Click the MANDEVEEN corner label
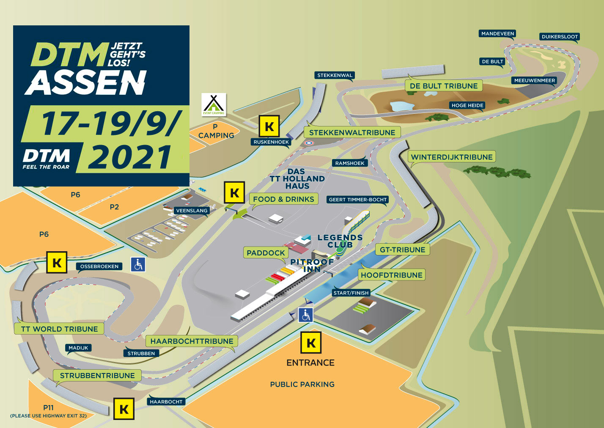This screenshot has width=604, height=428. (497, 34)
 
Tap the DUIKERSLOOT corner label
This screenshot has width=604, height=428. (559, 37)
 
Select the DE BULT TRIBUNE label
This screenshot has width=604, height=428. (444, 86)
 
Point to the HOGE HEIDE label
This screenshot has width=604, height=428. (467, 105)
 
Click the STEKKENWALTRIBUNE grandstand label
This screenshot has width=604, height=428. (352, 132)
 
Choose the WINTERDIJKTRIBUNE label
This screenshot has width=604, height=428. (452, 157)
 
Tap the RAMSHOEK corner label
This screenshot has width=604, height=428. (349, 163)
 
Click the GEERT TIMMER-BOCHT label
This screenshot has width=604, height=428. (358, 200)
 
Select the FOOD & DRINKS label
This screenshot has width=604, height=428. (283, 199)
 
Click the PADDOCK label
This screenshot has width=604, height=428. (266, 253)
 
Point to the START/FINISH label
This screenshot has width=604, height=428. (351, 293)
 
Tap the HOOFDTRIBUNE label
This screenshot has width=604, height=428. (391, 275)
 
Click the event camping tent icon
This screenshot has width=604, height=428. (214, 104)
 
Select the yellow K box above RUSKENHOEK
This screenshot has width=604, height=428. (269, 126)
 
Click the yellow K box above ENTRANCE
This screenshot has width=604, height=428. (311, 343)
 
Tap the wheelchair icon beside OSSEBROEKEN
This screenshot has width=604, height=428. (138, 265)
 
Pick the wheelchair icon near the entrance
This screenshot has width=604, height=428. (305, 315)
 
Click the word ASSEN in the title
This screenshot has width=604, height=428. (86, 82)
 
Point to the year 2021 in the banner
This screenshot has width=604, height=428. (130, 157)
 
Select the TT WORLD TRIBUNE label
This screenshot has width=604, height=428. (59, 329)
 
